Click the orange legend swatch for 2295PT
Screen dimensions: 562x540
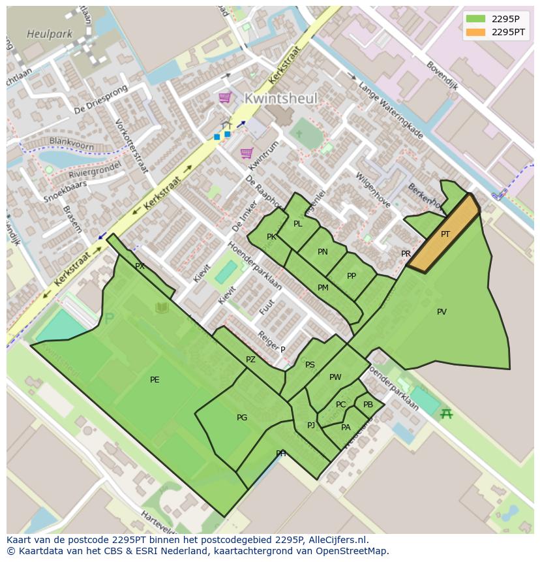point(475,32)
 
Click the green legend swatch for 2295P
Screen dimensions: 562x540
point(475,19)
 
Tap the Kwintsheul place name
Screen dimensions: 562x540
point(280,99)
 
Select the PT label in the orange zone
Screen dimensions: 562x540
point(445,234)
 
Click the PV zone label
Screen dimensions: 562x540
point(442,312)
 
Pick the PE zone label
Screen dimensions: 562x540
point(155,380)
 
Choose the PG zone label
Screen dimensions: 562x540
point(242,418)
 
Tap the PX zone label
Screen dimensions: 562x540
point(140,266)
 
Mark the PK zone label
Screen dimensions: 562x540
point(271,237)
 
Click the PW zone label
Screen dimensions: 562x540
point(335,377)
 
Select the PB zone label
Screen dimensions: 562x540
point(368,405)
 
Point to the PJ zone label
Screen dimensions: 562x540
point(311,426)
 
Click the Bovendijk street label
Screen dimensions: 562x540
point(442,76)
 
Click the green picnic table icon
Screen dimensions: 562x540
point(447,413)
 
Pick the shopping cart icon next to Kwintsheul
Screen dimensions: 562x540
point(225,97)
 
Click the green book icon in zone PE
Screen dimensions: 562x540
point(161,308)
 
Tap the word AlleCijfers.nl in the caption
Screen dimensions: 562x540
point(337,540)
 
